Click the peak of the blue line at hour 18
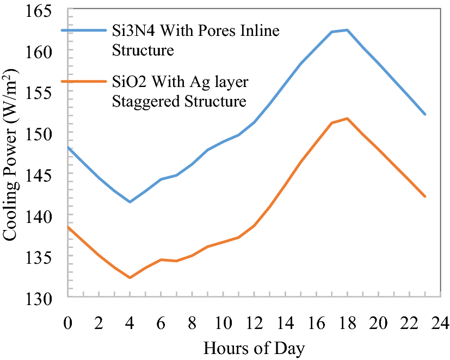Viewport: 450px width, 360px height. [347, 30]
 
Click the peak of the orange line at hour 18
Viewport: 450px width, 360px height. [347, 119]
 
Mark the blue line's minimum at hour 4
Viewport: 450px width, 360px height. [130, 202]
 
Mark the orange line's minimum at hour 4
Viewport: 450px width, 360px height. [130, 278]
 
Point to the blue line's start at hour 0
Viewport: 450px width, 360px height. [68, 147]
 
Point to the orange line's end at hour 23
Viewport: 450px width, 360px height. [425, 197]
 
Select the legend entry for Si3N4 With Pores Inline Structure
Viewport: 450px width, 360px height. [195, 41]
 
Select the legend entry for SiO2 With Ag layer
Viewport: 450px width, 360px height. [180, 82]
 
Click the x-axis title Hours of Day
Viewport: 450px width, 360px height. [254, 347]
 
